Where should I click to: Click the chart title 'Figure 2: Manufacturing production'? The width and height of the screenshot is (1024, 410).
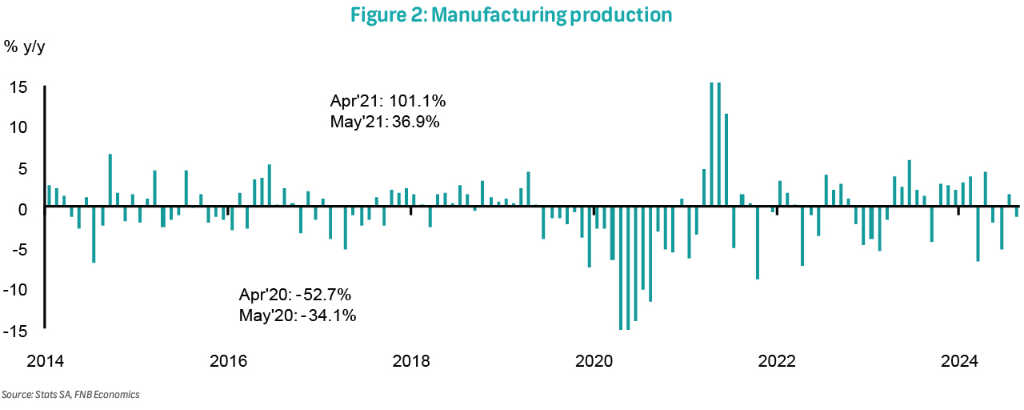pos(511,15)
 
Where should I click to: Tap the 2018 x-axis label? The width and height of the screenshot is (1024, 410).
pos(410,361)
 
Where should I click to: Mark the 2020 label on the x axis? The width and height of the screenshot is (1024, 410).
pos(594,361)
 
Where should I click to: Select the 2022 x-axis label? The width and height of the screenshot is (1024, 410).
pos(776,361)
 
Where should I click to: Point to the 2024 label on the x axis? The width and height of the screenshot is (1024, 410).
pos(959,361)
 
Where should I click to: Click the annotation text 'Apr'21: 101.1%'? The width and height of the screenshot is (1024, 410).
pos(388,102)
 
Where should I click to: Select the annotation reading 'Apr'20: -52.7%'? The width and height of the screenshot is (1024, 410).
pos(295,294)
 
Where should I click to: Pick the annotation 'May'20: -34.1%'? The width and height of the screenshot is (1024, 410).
pos(298,315)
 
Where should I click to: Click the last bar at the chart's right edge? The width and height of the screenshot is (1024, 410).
pos(1017,211)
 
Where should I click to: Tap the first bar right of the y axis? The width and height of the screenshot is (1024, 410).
pos(49,196)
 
